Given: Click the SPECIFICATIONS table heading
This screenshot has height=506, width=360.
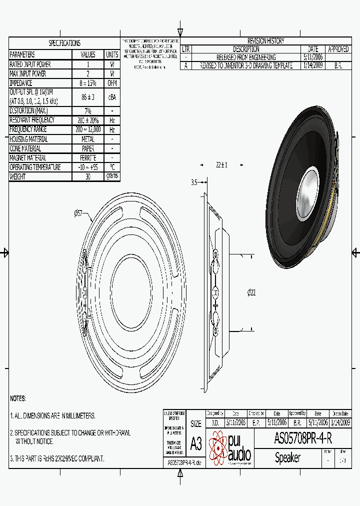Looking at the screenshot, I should tap(64, 43).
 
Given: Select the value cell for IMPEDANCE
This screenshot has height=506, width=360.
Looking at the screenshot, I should tap(88, 83).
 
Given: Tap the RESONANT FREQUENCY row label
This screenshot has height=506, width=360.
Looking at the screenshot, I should tap(35, 120).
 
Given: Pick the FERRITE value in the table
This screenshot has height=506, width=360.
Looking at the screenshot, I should tap(88, 158).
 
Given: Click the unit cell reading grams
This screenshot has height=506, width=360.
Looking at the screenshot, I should tap(112, 176).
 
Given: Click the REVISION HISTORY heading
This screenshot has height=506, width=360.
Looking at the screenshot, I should tap(265, 41).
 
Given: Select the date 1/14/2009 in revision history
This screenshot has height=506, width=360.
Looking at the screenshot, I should tap(313, 65).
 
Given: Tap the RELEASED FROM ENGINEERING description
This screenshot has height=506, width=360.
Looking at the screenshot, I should tap(246, 57).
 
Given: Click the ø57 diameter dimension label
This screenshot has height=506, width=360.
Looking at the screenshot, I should tap(78, 213).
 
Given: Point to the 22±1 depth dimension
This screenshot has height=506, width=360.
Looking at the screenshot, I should tap(221, 165).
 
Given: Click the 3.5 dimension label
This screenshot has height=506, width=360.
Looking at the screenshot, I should tap(194, 182).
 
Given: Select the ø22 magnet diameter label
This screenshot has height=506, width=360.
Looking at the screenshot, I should tap(251, 292).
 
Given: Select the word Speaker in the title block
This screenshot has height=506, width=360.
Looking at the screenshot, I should tap(288, 457).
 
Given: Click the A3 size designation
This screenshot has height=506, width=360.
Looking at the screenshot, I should tap(196, 443).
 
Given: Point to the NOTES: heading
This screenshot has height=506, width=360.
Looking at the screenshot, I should tap(18, 398).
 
